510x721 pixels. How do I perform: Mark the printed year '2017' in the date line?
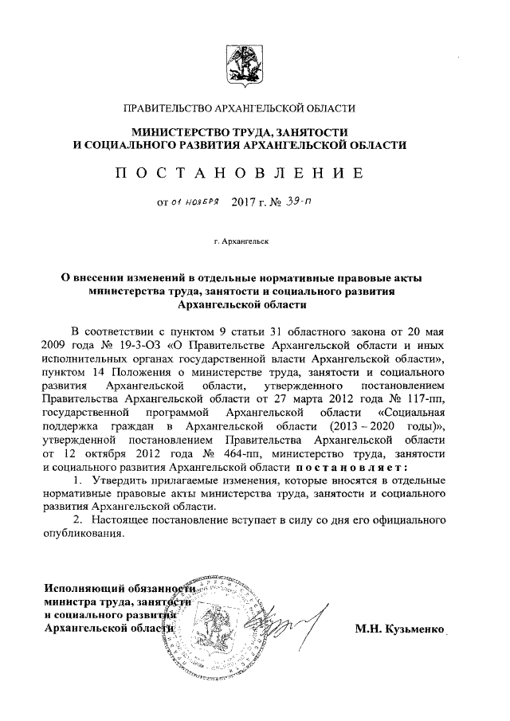click(x=244, y=203)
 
